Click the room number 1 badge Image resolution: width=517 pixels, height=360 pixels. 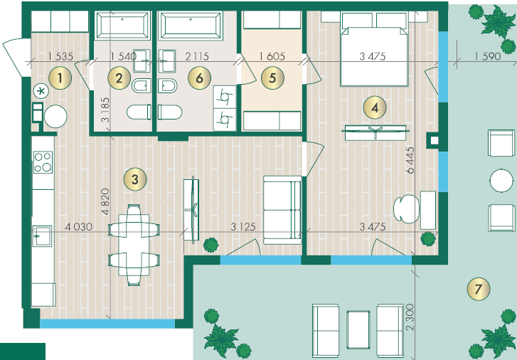[x=60, y=78]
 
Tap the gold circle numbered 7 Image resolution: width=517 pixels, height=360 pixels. [x=479, y=289]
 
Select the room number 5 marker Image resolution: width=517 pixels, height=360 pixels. [x=272, y=78]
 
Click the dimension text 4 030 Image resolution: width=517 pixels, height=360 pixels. [x=78, y=227]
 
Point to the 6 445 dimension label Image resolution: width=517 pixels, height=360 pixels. [x=410, y=160]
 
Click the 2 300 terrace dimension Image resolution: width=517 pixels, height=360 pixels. [x=410, y=317]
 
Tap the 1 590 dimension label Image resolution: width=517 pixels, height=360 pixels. [x=487, y=56]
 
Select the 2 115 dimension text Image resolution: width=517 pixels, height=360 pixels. [x=197, y=56]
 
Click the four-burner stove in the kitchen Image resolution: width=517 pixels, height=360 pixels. [x=43, y=162]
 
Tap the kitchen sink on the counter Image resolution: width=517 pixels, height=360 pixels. [x=42, y=236]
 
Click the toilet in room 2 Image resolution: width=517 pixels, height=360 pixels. [x=139, y=112]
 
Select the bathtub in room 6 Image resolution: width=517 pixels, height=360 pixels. [x=191, y=25]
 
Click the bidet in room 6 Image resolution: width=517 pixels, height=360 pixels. [x=168, y=86]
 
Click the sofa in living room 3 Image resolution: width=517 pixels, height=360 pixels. [x=282, y=210]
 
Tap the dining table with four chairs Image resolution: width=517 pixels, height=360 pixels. [x=134, y=245]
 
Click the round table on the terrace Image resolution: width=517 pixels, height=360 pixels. [x=501, y=181]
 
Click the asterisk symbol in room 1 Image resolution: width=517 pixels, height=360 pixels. [x=41, y=91]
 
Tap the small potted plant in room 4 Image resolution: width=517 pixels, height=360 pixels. [x=428, y=238]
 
